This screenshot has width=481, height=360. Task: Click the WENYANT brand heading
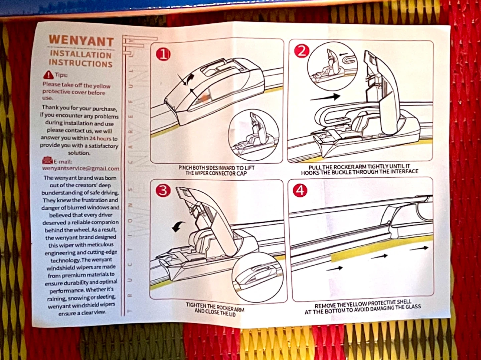click(x=81, y=40)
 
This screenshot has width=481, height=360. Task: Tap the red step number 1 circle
click(x=163, y=54)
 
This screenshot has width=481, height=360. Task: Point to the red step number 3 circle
click(x=163, y=190)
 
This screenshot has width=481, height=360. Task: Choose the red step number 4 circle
click(x=300, y=190)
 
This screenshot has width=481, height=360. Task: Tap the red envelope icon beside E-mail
click(x=47, y=161)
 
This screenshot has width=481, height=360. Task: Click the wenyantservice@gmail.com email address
click(x=81, y=169)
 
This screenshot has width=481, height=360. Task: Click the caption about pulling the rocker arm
click(x=359, y=169)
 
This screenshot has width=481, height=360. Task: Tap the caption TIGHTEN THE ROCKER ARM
click(x=215, y=309)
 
